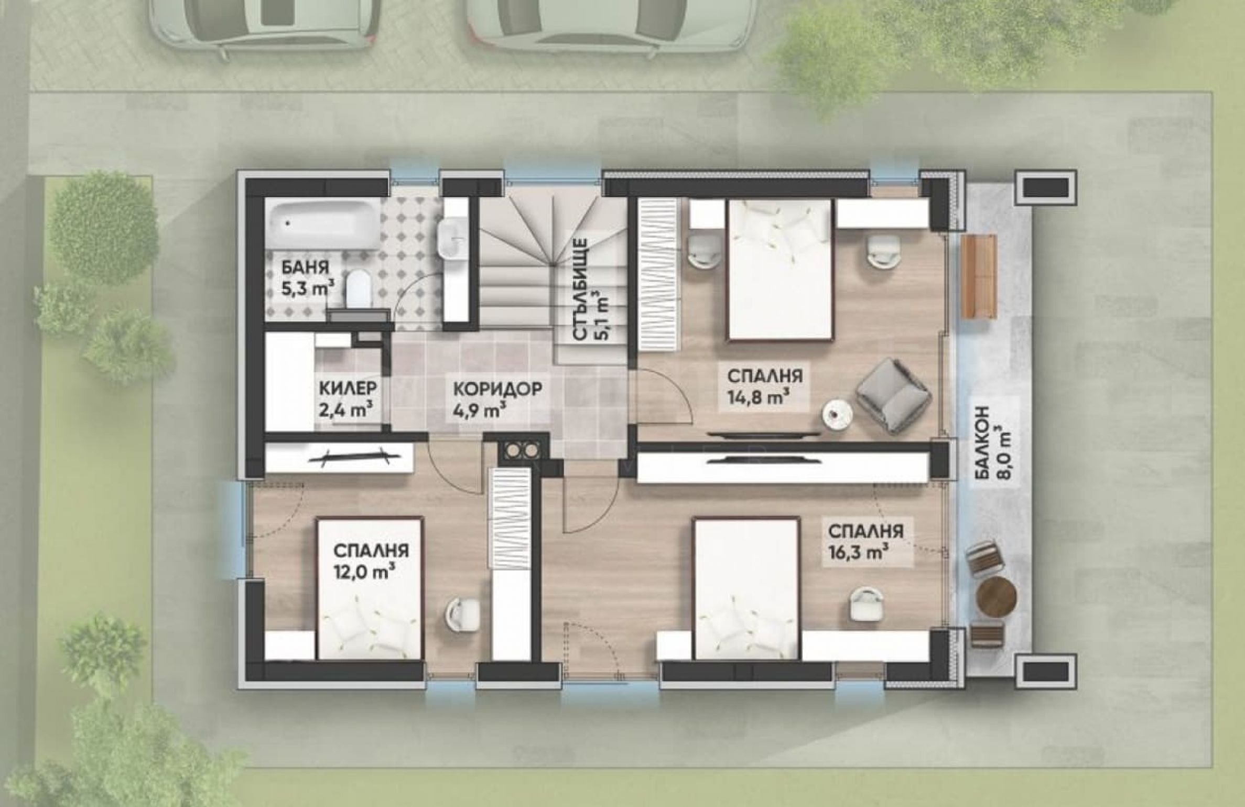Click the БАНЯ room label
tap(305, 268)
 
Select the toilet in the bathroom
tap(360, 287)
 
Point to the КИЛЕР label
tap(348, 389)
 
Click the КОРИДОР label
tap(497, 389)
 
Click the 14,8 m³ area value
tap(759, 397)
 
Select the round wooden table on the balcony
tap(997, 597)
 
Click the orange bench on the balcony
tap(979, 277)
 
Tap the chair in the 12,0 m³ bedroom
tap(462, 611)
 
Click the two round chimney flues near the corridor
tap(520, 449)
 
